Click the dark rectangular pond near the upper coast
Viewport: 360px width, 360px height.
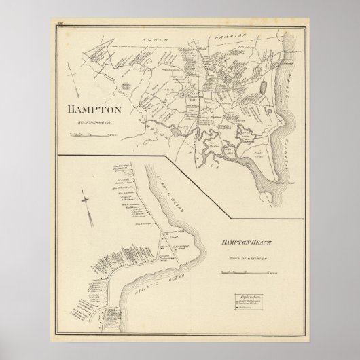[x=264, y=89]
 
